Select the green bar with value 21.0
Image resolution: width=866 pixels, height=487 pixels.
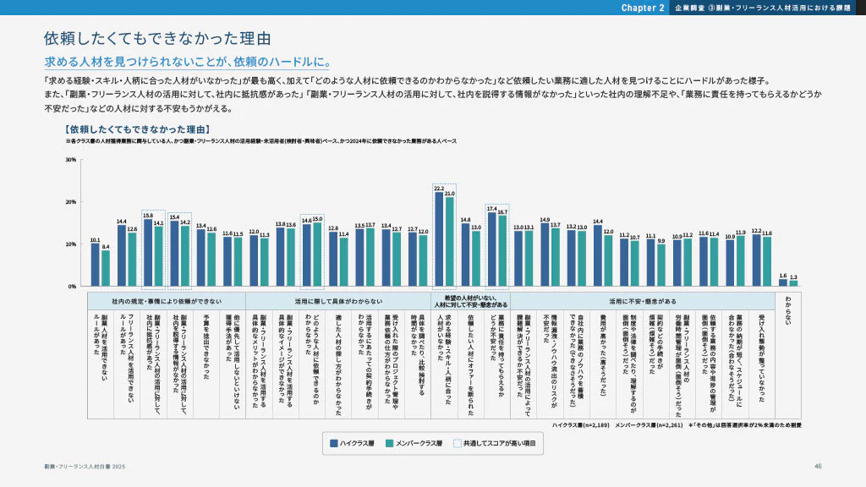click(449, 242)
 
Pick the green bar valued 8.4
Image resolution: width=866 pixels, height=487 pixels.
click(106, 268)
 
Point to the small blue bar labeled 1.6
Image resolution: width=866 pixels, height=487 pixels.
click(783, 282)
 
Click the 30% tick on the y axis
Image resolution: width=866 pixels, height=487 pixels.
click(71, 160)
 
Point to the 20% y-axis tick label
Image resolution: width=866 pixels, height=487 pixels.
click(71, 202)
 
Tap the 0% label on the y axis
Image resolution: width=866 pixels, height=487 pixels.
click(73, 287)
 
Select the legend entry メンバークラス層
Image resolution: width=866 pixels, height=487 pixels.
click(414, 442)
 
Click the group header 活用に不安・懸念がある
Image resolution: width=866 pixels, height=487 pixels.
click(643, 300)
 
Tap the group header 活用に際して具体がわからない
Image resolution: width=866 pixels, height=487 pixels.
click(337, 300)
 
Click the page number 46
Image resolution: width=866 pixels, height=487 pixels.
click(818, 466)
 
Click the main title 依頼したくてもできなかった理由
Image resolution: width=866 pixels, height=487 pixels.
click(157, 39)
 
